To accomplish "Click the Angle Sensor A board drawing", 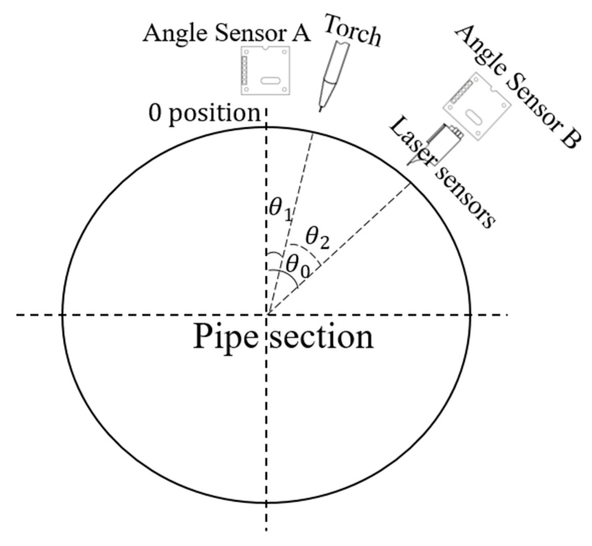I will click(x=265, y=70).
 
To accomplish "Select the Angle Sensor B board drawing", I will click(x=477, y=106).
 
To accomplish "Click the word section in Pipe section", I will click(x=321, y=338).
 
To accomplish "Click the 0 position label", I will click(x=204, y=114).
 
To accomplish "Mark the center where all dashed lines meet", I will click(x=267, y=314).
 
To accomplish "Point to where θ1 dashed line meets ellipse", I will click(x=312, y=133).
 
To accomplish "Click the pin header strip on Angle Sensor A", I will click(x=244, y=71).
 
